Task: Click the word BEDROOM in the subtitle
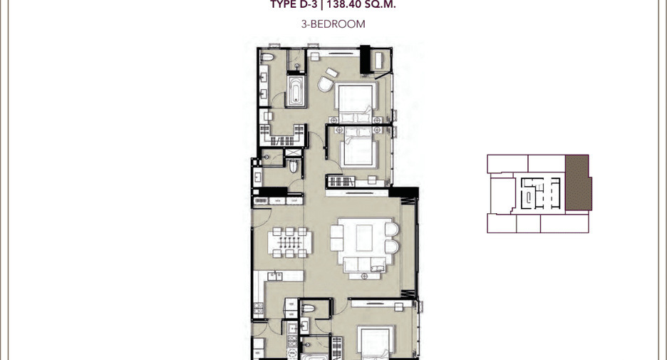(338, 24)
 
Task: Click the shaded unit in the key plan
(578, 182)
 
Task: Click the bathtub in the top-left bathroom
(296, 91)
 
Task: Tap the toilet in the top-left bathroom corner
(267, 57)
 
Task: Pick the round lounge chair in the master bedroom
(326, 84)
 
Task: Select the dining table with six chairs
(289, 242)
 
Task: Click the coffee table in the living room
(364, 238)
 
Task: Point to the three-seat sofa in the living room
(365, 264)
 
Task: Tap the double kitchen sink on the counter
(274, 277)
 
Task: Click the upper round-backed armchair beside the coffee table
(392, 229)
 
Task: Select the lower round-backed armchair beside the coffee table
(392, 247)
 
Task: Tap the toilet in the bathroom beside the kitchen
(308, 308)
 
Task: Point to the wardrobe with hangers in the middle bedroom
(341, 181)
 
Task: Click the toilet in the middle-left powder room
(294, 166)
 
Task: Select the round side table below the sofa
(365, 276)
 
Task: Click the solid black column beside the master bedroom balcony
(366, 59)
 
